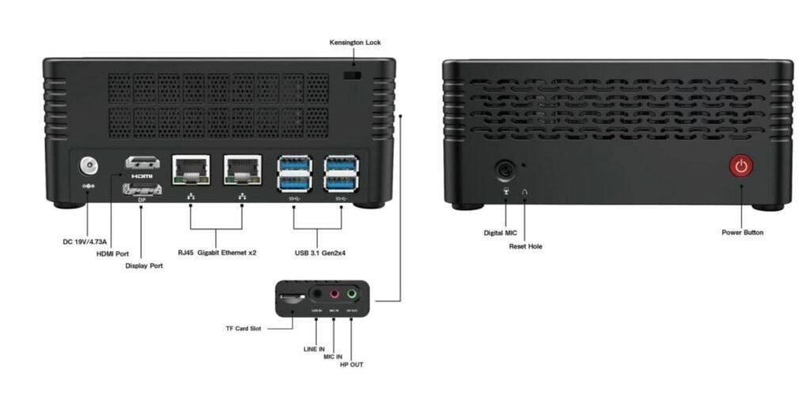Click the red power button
click(741, 166)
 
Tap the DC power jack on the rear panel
click(89, 166)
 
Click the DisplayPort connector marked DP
click(142, 189)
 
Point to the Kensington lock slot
click(353, 75)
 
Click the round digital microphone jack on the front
click(505, 170)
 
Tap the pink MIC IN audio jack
click(334, 294)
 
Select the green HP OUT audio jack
click(352, 294)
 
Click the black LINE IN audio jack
click(317, 294)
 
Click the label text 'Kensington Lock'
click(355, 42)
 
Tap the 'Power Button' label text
click(742, 233)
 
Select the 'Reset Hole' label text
click(525, 246)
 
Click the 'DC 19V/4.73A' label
click(85, 241)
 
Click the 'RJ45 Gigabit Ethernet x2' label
click(216, 253)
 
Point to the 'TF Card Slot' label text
click(242, 327)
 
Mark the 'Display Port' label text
click(144, 266)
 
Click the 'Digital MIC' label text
click(501, 233)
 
